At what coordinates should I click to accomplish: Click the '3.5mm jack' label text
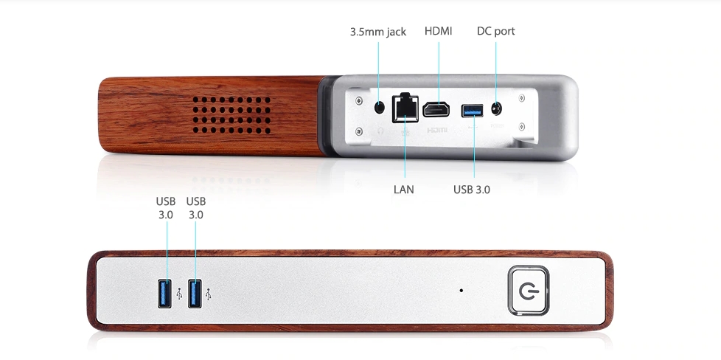click(377, 32)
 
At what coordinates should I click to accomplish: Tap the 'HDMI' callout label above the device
click(438, 31)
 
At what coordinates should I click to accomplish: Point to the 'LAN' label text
click(403, 190)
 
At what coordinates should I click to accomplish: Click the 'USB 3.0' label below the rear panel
click(472, 190)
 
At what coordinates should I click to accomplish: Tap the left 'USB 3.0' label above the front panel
click(165, 207)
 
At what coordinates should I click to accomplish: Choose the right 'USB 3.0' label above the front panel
click(196, 207)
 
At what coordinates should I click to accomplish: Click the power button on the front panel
click(528, 291)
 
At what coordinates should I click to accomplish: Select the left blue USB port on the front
click(164, 294)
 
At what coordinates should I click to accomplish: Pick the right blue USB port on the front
click(195, 294)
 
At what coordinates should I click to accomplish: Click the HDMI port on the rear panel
click(438, 110)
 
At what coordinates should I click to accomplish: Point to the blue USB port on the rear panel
click(472, 111)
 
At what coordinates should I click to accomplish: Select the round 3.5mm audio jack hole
click(380, 107)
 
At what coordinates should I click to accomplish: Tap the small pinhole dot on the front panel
click(461, 290)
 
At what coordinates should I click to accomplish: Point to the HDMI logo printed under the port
click(438, 128)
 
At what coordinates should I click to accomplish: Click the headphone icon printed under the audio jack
click(381, 129)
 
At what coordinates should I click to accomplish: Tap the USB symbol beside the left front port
click(179, 294)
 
